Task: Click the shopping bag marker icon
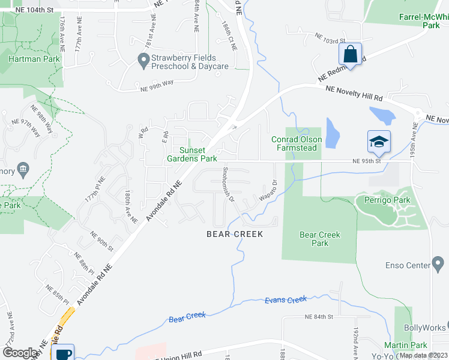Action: [350, 54]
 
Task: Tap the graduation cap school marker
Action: [379, 142]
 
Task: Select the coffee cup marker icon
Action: [62, 353]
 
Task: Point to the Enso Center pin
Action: [438, 263]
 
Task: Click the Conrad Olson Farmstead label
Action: [297, 144]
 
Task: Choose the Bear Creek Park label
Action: [320, 239]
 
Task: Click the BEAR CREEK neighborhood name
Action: [235, 234]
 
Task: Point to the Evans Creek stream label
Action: [286, 299]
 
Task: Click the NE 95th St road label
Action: [367, 161]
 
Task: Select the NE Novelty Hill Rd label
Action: [354, 92]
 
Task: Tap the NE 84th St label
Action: [319, 316]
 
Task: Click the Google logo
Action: [20, 353]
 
